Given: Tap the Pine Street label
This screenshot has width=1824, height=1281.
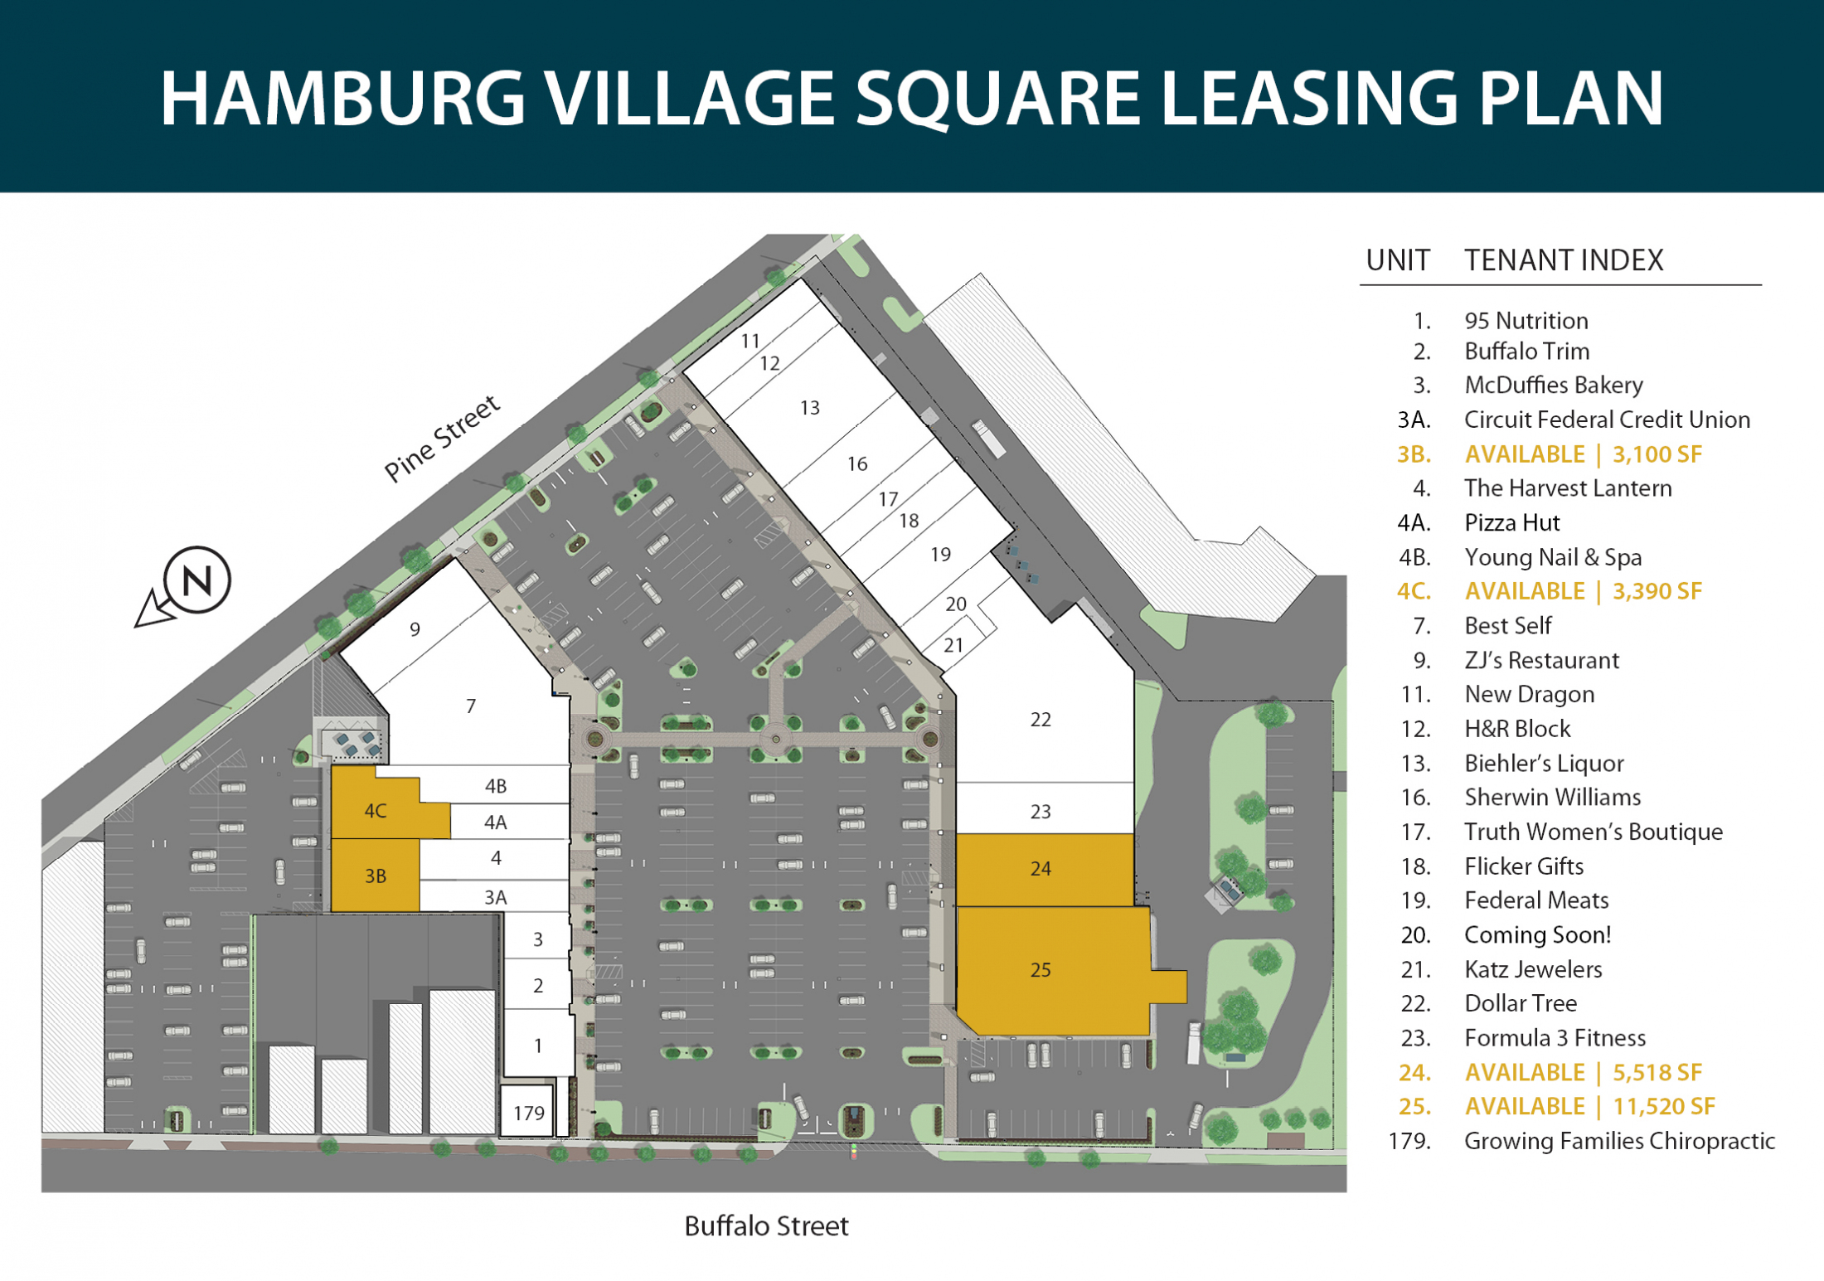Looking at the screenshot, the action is (442, 438).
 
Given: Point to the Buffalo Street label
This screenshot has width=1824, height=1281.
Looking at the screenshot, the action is (766, 1225).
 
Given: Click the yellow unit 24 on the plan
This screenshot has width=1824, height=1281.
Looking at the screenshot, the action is (1045, 869).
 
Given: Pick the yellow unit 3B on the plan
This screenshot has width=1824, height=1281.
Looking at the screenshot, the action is (375, 876).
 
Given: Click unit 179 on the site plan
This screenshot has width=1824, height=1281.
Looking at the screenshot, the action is (528, 1112).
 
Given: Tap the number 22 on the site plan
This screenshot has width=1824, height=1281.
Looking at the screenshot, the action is (1041, 720).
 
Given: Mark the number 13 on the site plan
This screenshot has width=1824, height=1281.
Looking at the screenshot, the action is (809, 408).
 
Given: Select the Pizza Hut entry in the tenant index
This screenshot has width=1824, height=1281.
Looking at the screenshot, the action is (1511, 522).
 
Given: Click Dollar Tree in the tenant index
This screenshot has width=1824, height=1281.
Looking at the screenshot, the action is (1520, 1003).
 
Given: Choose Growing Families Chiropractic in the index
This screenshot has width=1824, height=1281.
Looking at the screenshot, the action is (1619, 1141).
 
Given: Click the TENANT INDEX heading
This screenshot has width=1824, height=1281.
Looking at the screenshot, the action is (1564, 260).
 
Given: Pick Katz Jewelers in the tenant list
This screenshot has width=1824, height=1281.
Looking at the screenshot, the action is (1533, 969).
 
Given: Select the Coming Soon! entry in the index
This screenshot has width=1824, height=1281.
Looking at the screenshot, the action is (1537, 934).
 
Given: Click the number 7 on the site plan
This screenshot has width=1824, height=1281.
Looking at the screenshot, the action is (471, 706).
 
